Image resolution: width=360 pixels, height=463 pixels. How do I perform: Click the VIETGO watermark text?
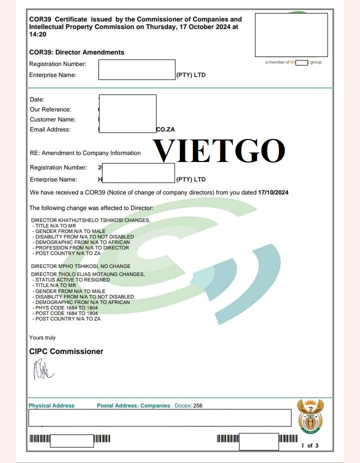pos(219,150)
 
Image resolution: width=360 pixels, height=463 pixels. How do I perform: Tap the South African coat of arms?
pos(310,416)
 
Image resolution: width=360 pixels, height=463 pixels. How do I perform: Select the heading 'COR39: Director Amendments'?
pos(76,52)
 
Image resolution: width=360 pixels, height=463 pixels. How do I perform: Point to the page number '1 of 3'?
pos(309,445)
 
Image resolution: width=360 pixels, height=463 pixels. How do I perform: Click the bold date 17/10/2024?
pos(273,192)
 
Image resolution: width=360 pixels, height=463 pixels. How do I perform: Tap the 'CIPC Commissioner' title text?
pos(66,351)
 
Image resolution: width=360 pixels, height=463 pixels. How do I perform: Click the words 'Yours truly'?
pos(42,338)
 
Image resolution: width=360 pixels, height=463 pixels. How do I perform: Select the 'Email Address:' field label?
pos(50,129)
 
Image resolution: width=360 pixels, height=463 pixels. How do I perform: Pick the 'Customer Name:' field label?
pos(52,119)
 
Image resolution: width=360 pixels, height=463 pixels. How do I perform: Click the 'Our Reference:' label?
pos(50,109)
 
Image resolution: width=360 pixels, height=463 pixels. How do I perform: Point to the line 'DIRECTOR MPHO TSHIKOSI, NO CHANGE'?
pos(80,266)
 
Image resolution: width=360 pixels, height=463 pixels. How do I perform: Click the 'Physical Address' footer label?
pos(51,405)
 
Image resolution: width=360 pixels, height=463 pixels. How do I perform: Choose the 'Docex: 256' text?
pos(188,405)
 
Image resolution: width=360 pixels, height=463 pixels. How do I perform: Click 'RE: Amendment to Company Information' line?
pos(85,153)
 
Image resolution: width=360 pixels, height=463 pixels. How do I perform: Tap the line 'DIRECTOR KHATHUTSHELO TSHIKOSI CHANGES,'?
pos(90,220)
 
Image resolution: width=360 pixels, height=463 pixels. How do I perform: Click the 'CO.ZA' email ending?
pos(165,129)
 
